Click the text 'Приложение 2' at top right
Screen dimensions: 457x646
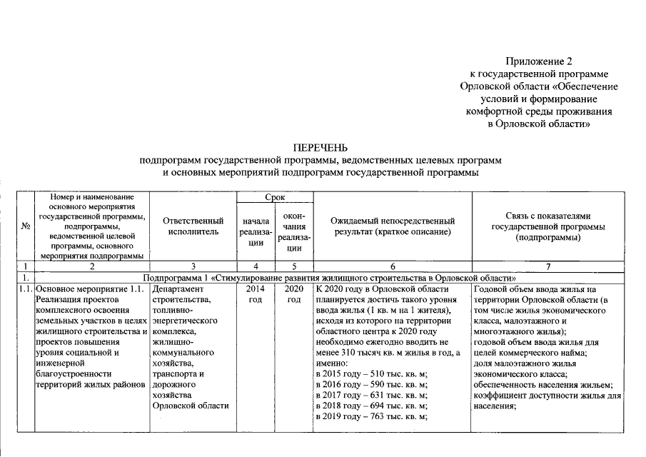[539, 62]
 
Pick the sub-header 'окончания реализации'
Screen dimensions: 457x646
[293, 232]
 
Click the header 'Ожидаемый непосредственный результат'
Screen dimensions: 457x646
[391, 226]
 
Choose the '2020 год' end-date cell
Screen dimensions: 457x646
[293, 294]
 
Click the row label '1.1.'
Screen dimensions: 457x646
[25, 289]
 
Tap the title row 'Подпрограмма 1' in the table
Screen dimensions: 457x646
[328, 277]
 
